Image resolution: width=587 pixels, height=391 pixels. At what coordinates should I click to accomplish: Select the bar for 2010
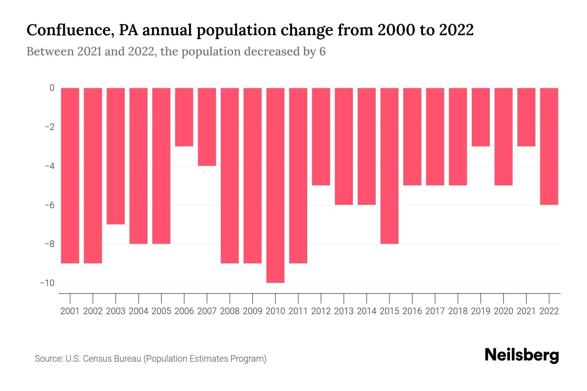[275, 185]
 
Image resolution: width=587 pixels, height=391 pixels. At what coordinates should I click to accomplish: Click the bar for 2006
[184, 117]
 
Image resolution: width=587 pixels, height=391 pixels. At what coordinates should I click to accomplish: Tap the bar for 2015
[389, 166]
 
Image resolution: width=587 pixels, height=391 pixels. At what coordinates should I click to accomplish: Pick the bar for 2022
[549, 146]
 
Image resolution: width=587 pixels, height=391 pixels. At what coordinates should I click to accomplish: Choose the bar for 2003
[116, 156]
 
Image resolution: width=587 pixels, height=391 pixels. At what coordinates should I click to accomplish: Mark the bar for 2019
[481, 117]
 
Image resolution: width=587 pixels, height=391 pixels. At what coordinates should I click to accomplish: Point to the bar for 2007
[207, 127]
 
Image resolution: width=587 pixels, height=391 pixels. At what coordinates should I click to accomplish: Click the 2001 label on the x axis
[70, 311]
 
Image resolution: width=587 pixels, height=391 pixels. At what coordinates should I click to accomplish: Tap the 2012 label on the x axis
[321, 311]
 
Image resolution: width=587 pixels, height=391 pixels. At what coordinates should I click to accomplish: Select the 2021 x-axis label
[526, 311]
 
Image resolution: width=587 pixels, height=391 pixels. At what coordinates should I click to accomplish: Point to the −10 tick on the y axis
[47, 283]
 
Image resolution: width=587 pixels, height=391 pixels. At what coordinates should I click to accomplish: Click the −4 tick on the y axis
[49, 166]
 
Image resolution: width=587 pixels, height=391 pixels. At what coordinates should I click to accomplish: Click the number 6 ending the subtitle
[322, 51]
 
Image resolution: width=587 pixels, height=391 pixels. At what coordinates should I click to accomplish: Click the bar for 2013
[344, 146]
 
